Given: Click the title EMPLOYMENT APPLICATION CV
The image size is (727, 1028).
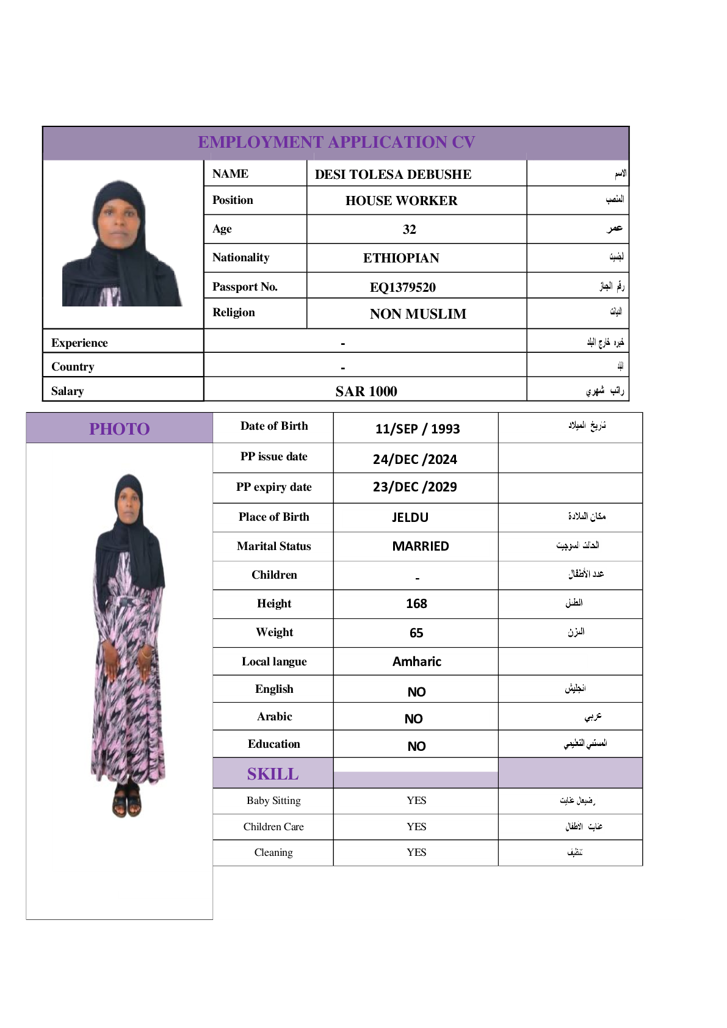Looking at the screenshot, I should (336, 142).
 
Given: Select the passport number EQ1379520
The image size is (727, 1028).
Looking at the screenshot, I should (403, 287).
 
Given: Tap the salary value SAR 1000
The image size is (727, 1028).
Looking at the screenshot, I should (366, 391).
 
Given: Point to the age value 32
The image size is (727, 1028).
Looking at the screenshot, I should (409, 230).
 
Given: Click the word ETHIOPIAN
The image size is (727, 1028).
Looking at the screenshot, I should (401, 258).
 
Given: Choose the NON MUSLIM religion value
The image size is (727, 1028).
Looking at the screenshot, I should (418, 314).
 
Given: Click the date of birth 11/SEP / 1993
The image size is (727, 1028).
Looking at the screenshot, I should (418, 429).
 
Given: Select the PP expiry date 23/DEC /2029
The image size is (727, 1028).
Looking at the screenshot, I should (415, 487).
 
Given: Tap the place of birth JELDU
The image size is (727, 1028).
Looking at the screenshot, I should (410, 518).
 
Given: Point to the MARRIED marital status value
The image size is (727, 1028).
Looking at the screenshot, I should (421, 546).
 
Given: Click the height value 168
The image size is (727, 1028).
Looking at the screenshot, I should (416, 604).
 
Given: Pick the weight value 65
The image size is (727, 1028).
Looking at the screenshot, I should (416, 633).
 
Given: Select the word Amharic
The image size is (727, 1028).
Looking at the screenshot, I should (417, 662).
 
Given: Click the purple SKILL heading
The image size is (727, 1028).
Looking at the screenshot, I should (273, 774).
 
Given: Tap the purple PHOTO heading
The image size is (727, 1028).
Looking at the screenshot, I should (120, 429).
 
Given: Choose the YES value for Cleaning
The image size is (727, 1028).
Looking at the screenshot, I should (416, 852).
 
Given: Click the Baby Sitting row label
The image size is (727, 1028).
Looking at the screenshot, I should (273, 801).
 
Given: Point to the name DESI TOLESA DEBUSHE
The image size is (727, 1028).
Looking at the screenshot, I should (393, 175).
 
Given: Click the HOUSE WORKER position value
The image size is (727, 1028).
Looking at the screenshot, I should (401, 201).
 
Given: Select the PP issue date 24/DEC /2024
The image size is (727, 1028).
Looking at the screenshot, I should (415, 459).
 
